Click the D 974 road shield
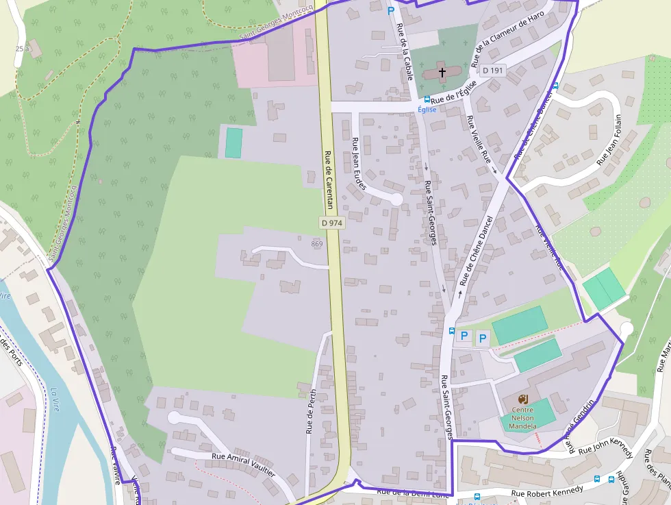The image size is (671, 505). coord(331,223)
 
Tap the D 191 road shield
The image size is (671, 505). coord(492,70)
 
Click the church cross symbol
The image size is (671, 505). coord(442,71)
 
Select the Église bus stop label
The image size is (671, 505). coord(427,110)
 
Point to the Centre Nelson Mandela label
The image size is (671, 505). coord(522,418)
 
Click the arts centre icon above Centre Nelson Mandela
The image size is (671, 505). coord(524,399)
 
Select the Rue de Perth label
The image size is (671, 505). coord(312,412)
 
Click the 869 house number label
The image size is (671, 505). coord(316,244)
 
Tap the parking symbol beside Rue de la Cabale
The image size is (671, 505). coord(391,11)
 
